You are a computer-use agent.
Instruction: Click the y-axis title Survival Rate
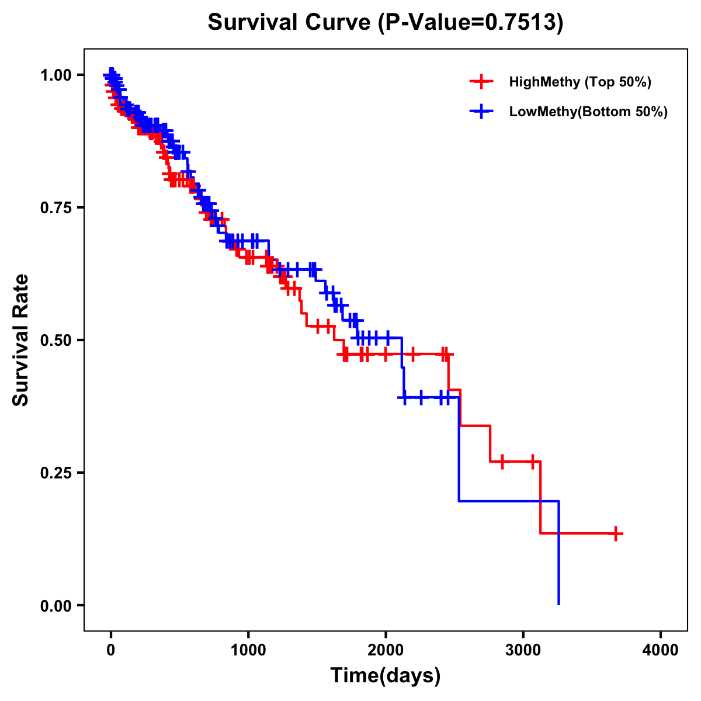(21, 339)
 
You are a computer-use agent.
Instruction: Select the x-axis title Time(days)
(386, 676)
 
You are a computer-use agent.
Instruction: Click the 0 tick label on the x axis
(111, 650)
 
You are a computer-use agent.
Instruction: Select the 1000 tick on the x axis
(248, 650)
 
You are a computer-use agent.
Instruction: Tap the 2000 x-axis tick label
(386, 650)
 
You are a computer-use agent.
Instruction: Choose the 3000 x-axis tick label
(523, 650)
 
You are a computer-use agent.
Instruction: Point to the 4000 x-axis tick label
(661, 650)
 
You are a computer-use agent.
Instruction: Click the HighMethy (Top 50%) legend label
(580, 82)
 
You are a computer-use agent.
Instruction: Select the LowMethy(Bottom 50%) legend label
(588, 112)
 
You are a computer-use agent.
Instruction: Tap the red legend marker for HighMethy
(481, 82)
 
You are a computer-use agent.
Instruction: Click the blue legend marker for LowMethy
(481, 112)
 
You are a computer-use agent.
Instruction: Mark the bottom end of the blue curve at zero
(559, 604)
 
